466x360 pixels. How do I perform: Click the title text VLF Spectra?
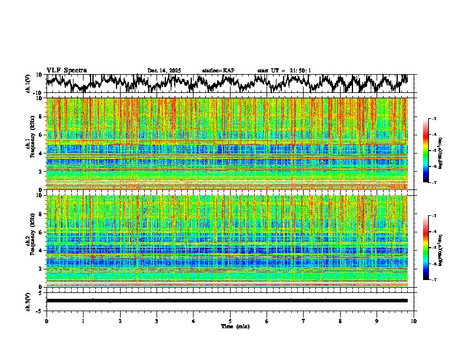tap(66, 71)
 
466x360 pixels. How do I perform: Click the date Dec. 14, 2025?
tap(164, 71)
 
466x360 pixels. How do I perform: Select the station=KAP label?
tap(218, 71)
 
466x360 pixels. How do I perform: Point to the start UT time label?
tap(284, 71)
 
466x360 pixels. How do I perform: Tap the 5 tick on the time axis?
tap(230, 321)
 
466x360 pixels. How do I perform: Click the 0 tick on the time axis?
tap(46, 321)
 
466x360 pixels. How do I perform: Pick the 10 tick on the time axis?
tap(414, 321)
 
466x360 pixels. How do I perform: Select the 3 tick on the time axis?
tap(157, 321)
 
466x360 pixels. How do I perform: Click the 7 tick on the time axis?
tap(304, 321)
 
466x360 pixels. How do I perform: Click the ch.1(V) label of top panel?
tap(28, 84)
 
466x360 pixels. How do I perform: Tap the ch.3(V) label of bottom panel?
tap(28, 301)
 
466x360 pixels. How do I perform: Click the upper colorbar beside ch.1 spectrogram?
tap(426, 151)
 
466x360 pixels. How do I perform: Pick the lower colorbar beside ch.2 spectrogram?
tap(426, 248)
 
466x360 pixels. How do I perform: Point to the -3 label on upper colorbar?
tap(434, 119)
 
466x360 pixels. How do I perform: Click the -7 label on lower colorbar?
tap(434, 280)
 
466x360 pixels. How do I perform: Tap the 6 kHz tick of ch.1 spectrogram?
tap(42, 135)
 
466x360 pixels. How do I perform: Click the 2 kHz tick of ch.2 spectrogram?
tap(42, 268)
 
